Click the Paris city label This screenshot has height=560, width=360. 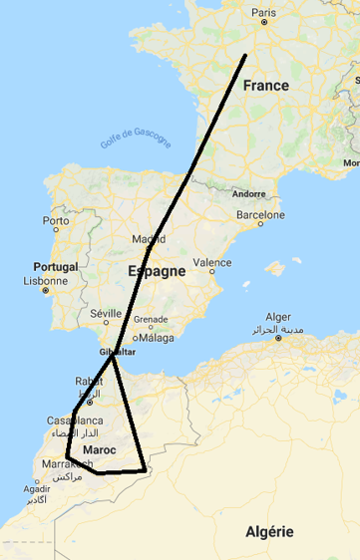click(x=263, y=13)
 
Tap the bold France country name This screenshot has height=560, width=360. click(x=265, y=86)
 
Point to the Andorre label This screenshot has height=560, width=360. click(x=248, y=194)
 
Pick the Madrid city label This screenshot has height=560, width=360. click(x=149, y=239)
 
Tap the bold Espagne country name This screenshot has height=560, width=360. click(x=157, y=271)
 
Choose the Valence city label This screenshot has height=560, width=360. click(x=211, y=263)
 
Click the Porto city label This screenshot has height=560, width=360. click(x=56, y=220)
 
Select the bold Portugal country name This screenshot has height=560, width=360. click(x=56, y=267)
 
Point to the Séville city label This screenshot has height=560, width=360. click(x=105, y=313)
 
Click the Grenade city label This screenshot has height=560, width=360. click(x=151, y=320)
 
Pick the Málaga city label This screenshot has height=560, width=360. click(x=157, y=338)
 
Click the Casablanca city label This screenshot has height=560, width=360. click(x=74, y=421)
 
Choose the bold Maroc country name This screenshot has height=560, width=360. click(x=101, y=451)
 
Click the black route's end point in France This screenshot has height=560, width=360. click(x=245, y=55)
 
